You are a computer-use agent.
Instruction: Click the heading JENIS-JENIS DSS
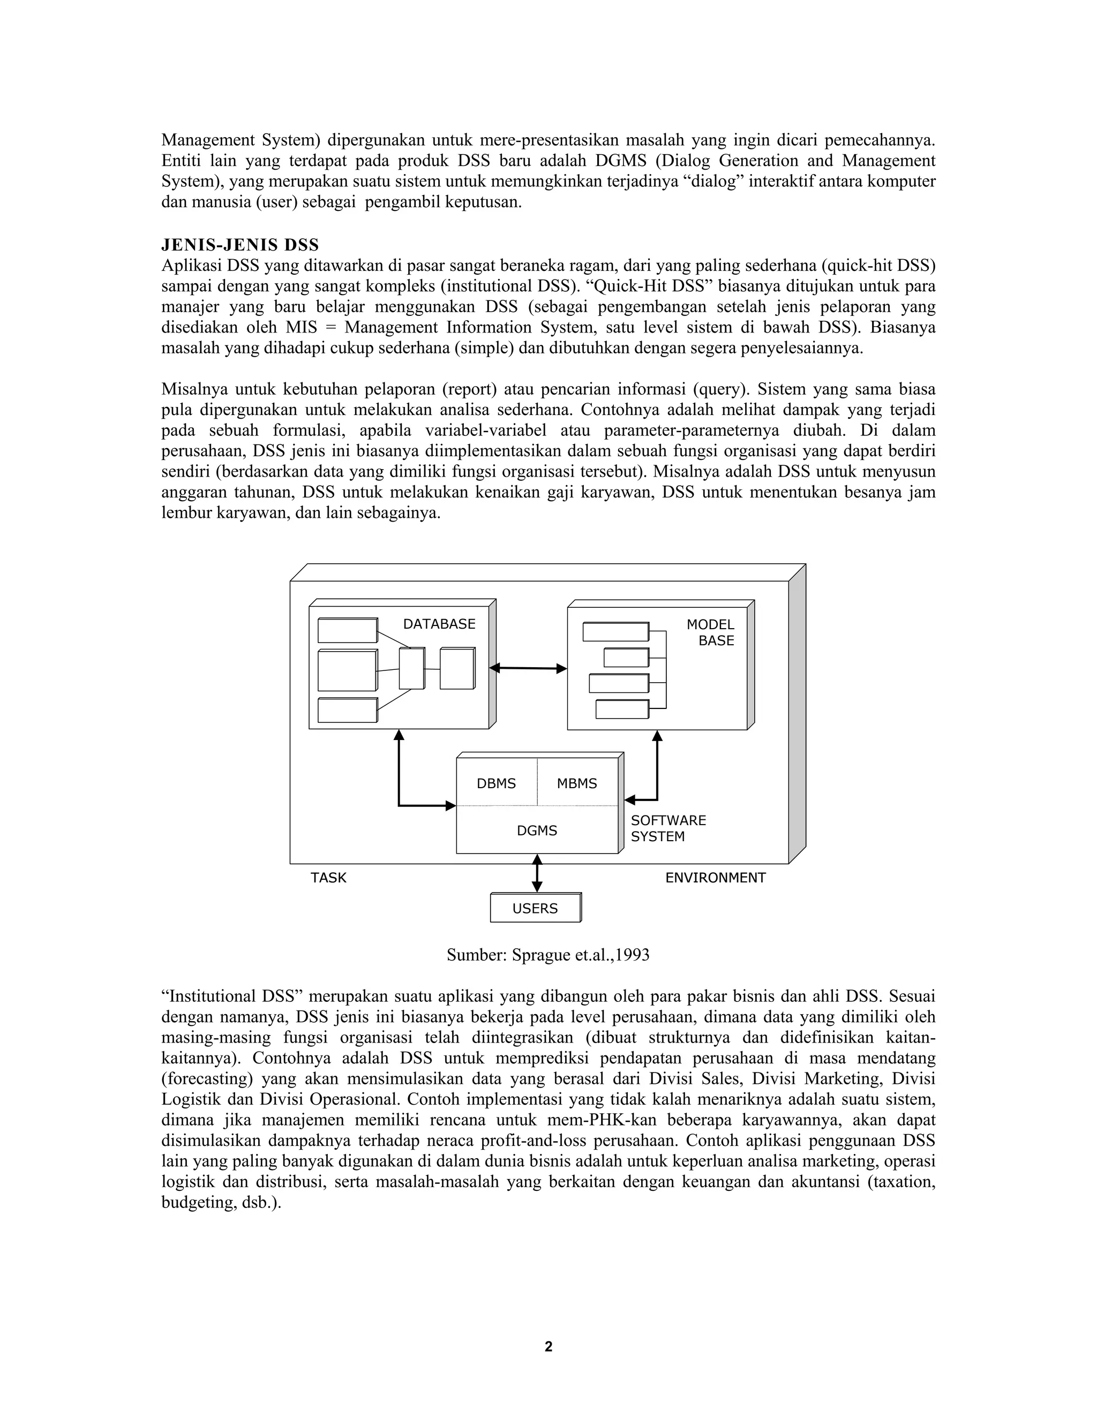(x=240, y=245)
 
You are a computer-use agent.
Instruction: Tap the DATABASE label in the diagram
(x=439, y=624)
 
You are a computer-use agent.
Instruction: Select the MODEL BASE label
(x=710, y=633)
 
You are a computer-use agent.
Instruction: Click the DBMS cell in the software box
(x=496, y=783)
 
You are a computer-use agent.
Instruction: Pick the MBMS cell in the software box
(x=576, y=783)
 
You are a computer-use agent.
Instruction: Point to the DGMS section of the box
(x=537, y=831)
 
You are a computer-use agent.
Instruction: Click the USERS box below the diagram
(x=535, y=908)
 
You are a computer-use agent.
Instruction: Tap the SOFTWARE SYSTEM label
(x=668, y=828)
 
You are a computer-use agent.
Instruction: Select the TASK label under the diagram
(x=328, y=878)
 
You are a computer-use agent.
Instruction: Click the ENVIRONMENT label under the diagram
(x=715, y=878)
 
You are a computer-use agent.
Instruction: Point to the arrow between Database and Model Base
(x=528, y=668)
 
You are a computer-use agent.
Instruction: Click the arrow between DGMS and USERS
(x=537, y=874)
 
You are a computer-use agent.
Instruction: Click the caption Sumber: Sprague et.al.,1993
(x=548, y=954)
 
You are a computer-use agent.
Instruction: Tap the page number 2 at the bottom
(x=548, y=1347)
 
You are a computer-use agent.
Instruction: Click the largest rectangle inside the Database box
(x=347, y=670)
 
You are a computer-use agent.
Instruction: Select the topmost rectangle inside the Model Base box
(x=615, y=631)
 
